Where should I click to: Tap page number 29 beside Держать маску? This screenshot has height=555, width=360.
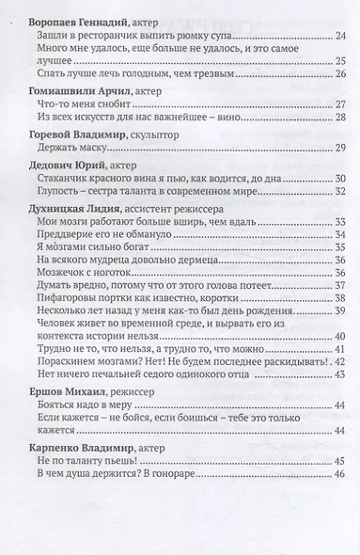[340, 150]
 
